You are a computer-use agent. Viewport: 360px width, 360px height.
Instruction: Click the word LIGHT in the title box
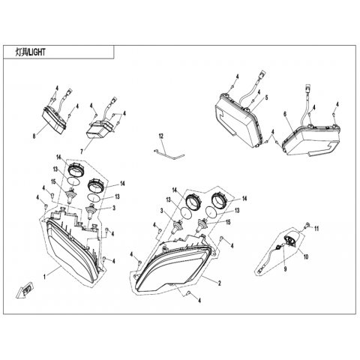(37, 52)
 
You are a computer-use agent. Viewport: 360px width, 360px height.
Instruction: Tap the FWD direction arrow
(25, 290)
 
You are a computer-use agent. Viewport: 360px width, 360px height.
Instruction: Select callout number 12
(160, 136)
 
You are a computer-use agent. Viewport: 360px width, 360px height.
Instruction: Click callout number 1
(44, 277)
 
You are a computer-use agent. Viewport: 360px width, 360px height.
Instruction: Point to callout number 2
(220, 283)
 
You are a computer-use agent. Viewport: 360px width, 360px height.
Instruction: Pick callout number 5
(266, 97)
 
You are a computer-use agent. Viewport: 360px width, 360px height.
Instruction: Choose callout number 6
(284, 113)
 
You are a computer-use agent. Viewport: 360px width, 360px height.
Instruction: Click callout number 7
(81, 151)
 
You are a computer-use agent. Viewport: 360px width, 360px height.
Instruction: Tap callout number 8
(34, 136)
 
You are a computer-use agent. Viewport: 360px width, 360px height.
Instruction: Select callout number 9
(285, 268)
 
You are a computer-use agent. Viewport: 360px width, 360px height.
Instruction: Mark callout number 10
(306, 256)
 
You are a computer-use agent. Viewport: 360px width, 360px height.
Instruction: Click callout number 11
(316, 229)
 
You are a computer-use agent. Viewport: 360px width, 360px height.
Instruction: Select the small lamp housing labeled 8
(54, 121)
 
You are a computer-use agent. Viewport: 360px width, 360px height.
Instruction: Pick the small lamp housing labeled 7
(98, 129)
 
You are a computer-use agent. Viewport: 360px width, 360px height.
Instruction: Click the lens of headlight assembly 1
(73, 253)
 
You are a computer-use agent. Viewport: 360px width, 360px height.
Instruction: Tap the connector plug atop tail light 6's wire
(307, 88)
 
